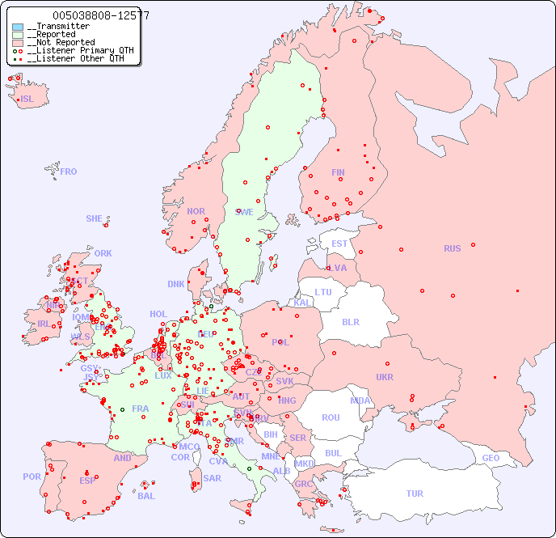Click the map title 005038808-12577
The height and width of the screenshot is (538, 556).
[100, 15]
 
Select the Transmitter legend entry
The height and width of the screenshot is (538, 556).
[58, 27]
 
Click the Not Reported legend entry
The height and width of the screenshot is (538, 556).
[61, 42]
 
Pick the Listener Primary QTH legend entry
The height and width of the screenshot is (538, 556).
[74, 50]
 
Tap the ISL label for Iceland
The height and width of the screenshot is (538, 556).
[27, 100]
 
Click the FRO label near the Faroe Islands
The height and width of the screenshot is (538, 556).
[69, 172]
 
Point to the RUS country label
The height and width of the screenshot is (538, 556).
[452, 248]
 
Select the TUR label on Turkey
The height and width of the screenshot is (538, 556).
[415, 494]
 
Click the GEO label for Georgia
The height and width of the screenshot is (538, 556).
[491, 458]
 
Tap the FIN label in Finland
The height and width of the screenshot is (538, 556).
[338, 172]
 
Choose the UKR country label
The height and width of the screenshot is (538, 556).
[385, 377]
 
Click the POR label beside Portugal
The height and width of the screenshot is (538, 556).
[32, 477]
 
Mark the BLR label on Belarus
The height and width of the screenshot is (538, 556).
[351, 321]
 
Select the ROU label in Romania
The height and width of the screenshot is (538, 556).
[331, 417]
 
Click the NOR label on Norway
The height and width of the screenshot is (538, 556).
[196, 211]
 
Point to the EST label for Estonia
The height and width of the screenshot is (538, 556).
[339, 244]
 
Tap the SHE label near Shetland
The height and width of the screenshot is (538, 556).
[95, 218]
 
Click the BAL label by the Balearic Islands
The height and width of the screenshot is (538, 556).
[146, 496]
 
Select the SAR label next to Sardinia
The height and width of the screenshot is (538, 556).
[212, 478]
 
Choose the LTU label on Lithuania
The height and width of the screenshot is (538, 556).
[323, 292]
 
